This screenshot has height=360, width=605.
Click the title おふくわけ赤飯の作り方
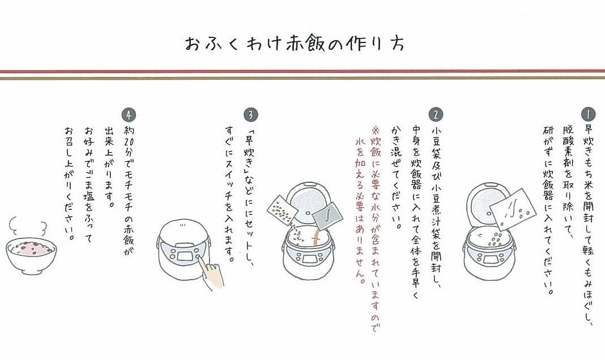(x=295, y=44)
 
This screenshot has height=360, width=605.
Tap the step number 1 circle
(x=588, y=114)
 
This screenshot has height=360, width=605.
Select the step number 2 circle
(x=436, y=114)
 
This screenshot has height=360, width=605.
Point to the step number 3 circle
(x=251, y=114)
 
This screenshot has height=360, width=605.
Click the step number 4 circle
(x=129, y=114)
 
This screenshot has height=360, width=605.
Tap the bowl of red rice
(x=31, y=255)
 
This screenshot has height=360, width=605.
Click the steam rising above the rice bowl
(x=27, y=225)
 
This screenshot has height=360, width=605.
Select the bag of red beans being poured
(x=282, y=211)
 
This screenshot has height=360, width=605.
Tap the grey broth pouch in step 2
(x=327, y=216)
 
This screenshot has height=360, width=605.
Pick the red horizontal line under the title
(x=302, y=71)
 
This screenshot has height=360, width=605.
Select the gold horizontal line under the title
(x=302, y=78)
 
